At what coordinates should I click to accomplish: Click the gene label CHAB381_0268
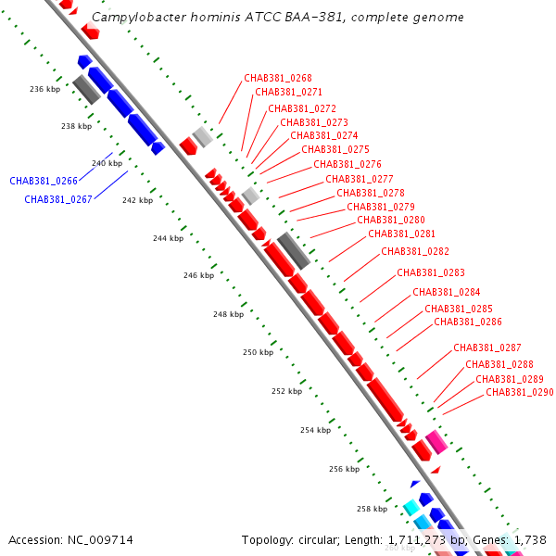pyautogui.click(x=278, y=78)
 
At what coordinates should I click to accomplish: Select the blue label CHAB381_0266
pyautogui.click(x=44, y=181)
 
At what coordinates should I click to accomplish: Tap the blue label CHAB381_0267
pyautogui.click(x=58, y=199)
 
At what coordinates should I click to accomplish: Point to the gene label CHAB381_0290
pyautogui.click(x=520, y=392)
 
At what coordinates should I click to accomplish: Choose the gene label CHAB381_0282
pyautogui.click(x=415, y=251)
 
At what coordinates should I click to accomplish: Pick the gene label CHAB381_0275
pyautogui.click(x=335, y=149)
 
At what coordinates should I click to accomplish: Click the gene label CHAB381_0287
pyautogui.click(x=487, y=347)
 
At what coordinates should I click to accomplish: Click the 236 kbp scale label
pyautogui.click(x=45, y=89)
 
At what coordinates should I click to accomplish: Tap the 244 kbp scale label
pyautogui.click(x=169, y=238)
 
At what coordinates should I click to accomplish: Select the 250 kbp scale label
pyautogui.click(x=259, y=352)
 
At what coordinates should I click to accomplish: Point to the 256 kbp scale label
pyautogui.click(x=345, y=469)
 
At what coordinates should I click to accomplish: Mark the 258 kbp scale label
pyautogui.click(x=372, y=509)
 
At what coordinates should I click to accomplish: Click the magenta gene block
pyautogui.click(x=436, y=442)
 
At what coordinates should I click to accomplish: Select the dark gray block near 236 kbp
pyautogui.click(x=87, y=89)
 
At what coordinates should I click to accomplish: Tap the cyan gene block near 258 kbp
pyautogui.click(x=411, y=508)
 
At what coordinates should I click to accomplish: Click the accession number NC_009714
pyautogui.click(x=100, y=540)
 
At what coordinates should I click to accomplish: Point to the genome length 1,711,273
pyautogui.click(x=417, y=540)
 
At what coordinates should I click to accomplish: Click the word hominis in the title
pyautogui.click(x=216, y=17)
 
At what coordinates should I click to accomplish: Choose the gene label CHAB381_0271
pyautogui.click(x=288, y=92)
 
